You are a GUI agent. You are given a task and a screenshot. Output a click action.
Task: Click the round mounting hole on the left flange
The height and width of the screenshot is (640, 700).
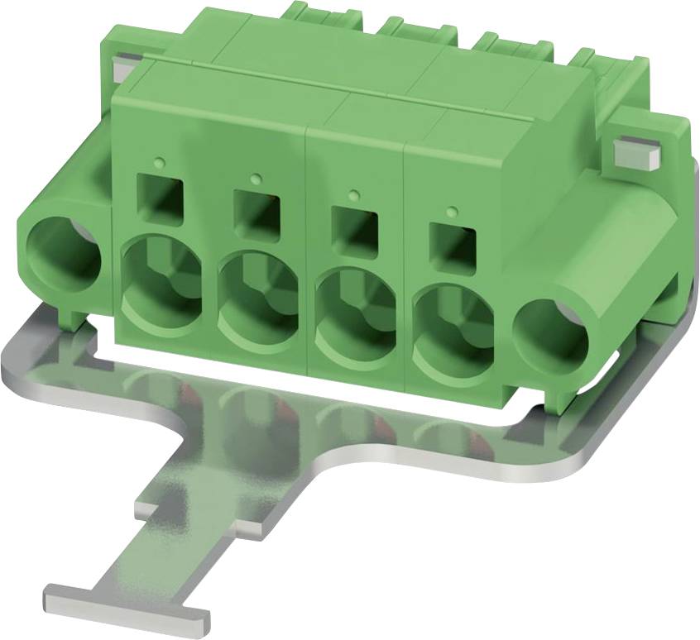(64, 246)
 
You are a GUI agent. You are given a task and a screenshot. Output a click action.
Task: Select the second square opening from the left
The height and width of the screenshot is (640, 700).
(256, 210)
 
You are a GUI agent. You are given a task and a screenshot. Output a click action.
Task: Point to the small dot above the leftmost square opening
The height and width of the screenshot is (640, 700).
(160, 159)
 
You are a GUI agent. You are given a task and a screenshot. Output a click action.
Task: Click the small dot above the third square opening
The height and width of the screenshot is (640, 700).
(354, 194)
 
